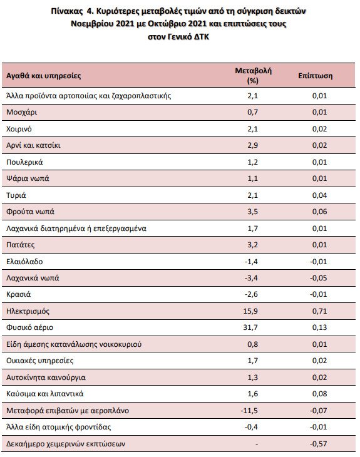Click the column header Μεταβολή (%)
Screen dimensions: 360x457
tap(253, 76)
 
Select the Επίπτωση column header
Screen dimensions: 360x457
tap(315, 76)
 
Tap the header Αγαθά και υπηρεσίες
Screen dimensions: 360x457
tap(43, 76)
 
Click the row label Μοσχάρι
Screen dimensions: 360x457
tap(21, 112)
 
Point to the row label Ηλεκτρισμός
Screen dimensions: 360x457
tap(28, 311)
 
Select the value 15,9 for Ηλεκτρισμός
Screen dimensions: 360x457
tap(250, 311)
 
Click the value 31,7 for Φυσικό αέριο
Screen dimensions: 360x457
tap(250, 327)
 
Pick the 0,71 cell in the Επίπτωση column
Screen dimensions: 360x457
tap(319, 311)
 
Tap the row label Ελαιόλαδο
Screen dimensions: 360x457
tap(24, 262)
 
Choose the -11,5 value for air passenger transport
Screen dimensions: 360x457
tap(249, 411)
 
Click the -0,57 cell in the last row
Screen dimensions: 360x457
tap(318, 444)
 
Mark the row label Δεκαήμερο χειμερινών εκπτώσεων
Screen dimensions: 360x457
tap(66, 444)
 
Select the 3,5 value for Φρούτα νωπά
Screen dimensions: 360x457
tap(253, 212)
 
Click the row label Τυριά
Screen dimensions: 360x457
tap(16, 195)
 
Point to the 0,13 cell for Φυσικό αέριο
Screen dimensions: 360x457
tap(319, 327)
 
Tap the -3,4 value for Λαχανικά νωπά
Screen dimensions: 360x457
tap(251, 278)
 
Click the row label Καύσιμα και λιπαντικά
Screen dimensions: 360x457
tap(45, 394)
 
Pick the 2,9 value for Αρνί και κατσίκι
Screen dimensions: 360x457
tap(253, 145)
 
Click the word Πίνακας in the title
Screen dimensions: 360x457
tap(67, 11)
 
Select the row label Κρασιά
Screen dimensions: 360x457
tap(18, 294)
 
